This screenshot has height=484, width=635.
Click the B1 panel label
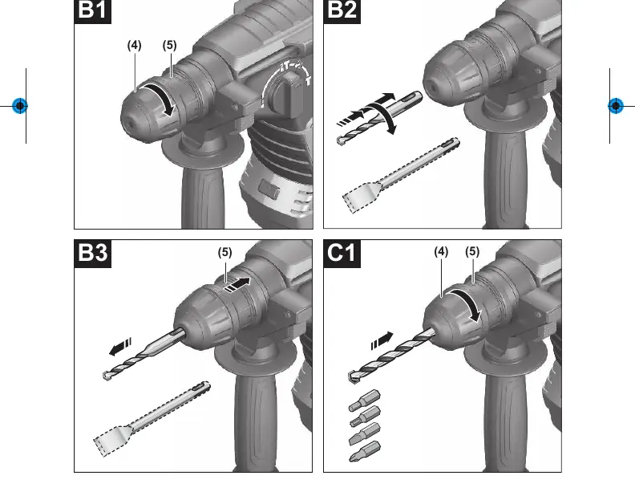tap(93, 10)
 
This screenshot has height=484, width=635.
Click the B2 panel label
tap(342, 10)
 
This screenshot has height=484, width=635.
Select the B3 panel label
tap(93, 254)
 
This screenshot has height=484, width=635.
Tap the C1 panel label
tap(342, 254)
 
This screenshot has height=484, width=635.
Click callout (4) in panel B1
tap(135, 46)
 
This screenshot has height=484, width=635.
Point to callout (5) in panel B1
tap(170, 46)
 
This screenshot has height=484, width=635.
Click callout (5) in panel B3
tap(224, 253)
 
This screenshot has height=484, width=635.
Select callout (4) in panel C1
tap(441, 252)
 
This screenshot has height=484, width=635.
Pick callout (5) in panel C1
tap(472, 252)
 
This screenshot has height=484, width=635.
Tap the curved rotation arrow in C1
tap(471, 300)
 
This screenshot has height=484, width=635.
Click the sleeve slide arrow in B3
tap(237, 284)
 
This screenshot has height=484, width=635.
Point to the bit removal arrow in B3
tap(121, 348)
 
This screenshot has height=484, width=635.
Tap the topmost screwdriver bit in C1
tap(365, 400)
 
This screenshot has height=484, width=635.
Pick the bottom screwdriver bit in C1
tap(365, 451)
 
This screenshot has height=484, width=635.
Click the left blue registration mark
tap(20, 106)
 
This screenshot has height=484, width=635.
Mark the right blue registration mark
tap(616, 106)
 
